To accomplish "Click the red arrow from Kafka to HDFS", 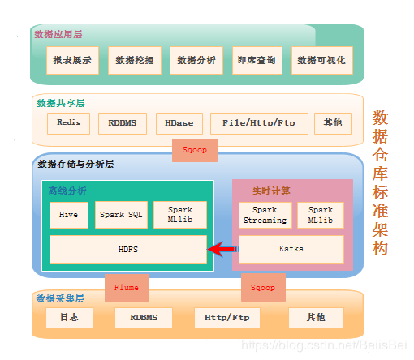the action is coord(223,249).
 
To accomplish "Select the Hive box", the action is coord(69,215).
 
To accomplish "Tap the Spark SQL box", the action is coord(121,215).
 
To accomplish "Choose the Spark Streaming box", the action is coord(265,215).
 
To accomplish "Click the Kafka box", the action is coord(291,249).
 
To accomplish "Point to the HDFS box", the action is coord(128,249).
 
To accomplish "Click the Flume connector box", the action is coord(127,288).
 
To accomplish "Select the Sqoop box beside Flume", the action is coord(263,287).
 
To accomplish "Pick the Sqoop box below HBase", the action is coord(195,150).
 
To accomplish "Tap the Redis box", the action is coord(68,123).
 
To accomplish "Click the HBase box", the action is coord(179,123).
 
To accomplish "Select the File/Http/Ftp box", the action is coord(259,123).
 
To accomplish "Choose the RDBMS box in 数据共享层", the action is coord(123,123).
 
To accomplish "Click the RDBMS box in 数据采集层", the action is coord(144,318).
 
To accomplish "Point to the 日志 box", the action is coord(69,318).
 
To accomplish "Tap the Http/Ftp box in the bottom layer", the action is coord(227,318).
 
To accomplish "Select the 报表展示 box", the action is coord(72,60).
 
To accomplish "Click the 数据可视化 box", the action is coord(322,60).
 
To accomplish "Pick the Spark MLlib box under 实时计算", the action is coord(321,215).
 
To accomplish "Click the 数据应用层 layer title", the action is coord(58,34).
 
